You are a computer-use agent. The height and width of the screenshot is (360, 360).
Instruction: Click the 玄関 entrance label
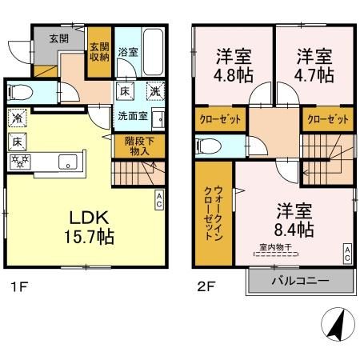pyautogui.click(x=58, y=38)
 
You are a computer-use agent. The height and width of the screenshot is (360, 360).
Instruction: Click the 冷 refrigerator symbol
pyautogui.click(x=17, y=119)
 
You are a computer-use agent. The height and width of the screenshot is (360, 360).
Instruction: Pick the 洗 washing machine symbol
pyautogui.click(x=153, y=91)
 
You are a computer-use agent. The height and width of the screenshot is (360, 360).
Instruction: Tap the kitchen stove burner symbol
pyautogui.click(x=18, y=161)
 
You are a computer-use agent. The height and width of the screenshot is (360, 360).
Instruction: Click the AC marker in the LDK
pyautogui.click(x=159, y=198)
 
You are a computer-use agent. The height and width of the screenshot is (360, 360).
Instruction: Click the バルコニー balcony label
pyautogui.click(x=300, y=280)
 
